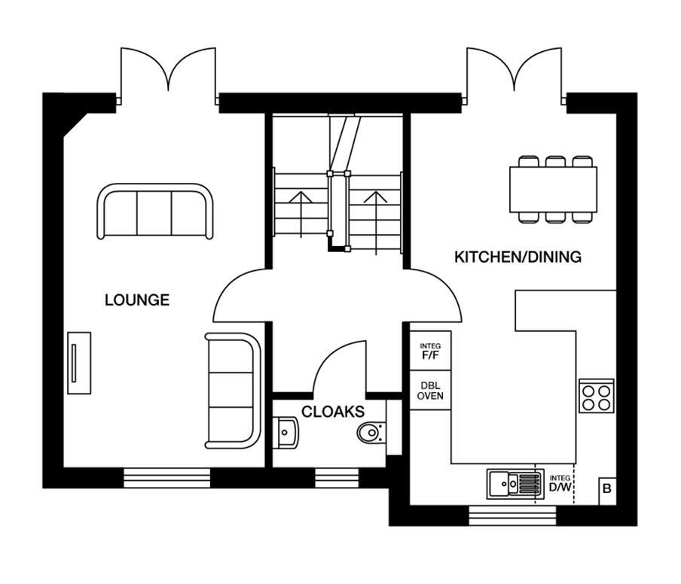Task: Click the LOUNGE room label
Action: (136, 300)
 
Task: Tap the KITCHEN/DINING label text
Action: (518, 257)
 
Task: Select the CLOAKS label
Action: (333, 412)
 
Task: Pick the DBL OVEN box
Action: (430, 390)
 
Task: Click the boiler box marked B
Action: (607, 490)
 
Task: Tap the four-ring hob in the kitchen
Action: (597, 396)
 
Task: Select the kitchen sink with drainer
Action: (515, 484)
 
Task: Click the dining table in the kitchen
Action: (553, 190)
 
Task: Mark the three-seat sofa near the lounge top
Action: (154, 211)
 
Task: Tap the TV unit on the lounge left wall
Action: (78, 363)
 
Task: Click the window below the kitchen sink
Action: (512, 516)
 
